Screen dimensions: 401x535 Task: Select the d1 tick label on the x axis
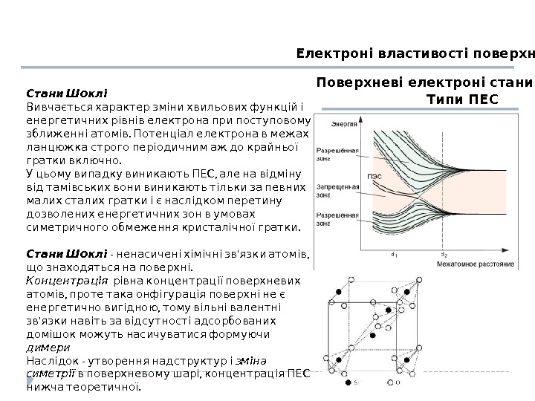394,254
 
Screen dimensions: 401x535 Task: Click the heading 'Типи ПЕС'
461,99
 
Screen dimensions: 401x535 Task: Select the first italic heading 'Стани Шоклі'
67,94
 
